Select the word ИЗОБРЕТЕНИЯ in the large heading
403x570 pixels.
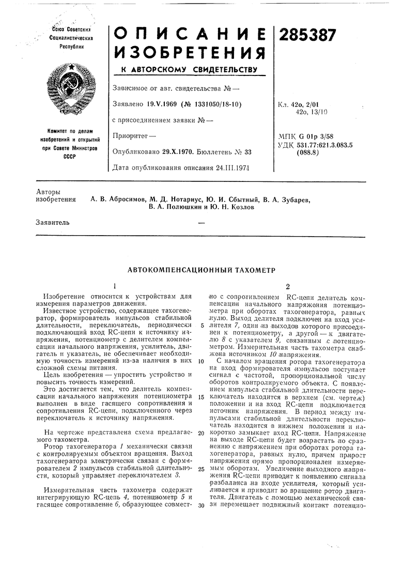(x=189, y=52)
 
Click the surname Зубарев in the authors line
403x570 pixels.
(x=293, y=198)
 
